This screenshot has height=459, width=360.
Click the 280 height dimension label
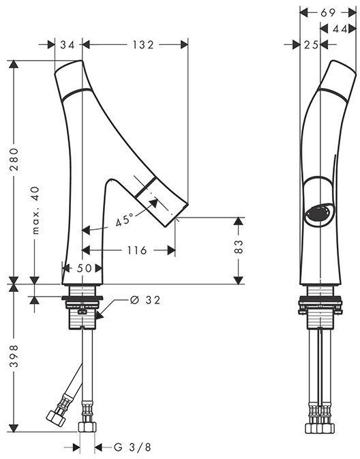(x=14, y=160)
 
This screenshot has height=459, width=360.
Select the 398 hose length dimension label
(x=14, y=356)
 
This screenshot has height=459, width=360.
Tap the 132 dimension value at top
(x=143, y=45)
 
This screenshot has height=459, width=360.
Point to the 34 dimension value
(x=67, y=45)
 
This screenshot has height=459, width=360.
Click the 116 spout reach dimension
(x=137, y=250)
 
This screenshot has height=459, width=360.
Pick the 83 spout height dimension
(x=239, y=246)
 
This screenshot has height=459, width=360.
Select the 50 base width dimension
(x=85, y=268)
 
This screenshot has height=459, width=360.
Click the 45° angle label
(x=124, y=220)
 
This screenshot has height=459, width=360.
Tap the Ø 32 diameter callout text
(x=145, y=300)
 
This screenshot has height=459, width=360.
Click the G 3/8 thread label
(x=132, y=447)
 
